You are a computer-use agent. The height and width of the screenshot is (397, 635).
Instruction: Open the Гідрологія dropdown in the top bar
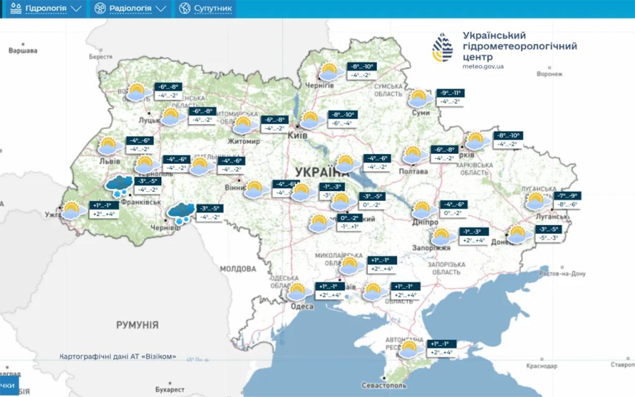[x=45, y=9]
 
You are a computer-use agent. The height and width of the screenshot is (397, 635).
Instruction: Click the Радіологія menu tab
[x=130, y=9]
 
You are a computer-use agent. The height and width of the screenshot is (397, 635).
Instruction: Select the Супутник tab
[x=206, y=9]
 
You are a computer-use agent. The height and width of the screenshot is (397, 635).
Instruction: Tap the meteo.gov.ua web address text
[x=482, y=66]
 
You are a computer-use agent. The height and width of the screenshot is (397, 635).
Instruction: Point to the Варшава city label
[x=23, y=50]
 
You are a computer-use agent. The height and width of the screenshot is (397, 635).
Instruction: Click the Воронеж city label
[x=549, y=74]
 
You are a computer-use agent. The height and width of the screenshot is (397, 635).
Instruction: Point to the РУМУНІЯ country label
[x=137, y=324]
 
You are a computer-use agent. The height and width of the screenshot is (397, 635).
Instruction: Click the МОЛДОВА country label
[x=238, y=269]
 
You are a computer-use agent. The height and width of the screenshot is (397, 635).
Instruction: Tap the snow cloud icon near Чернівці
[x=180, y=213]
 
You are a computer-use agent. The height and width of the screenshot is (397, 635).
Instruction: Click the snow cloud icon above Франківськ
[x=119, y=185]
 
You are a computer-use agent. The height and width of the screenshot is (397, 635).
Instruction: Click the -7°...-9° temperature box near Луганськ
[x=566, y=196]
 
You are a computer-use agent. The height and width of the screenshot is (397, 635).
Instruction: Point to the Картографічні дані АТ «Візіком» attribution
[x=118, y=357]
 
